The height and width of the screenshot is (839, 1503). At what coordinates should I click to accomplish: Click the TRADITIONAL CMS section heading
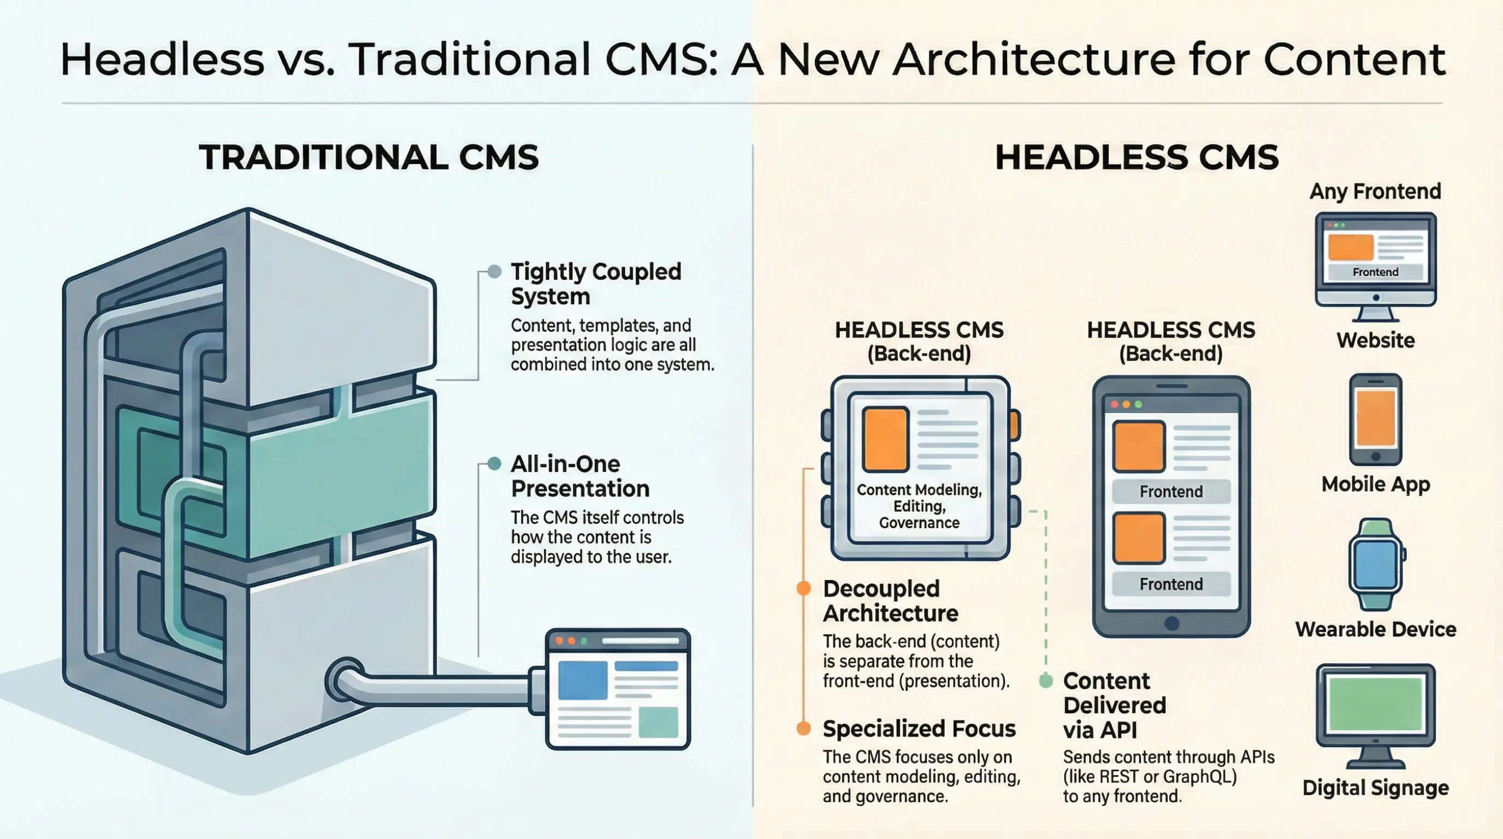click(369, 157)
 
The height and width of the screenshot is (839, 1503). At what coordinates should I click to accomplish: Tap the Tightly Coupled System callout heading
click(595, 283)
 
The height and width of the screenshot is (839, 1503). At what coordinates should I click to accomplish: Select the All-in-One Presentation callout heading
click(579, 476)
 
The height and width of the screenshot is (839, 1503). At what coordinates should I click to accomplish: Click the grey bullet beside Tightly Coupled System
click(494, 271)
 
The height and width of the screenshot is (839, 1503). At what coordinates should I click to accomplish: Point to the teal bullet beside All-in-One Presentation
click(494, 464)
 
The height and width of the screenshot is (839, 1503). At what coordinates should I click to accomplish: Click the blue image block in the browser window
click(582, 680)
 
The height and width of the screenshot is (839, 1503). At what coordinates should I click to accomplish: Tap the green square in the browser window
click(658, 722)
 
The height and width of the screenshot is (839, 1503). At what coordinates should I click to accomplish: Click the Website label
click(1375, 340)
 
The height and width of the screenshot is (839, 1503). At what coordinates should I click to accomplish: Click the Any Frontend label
click(1375, 191)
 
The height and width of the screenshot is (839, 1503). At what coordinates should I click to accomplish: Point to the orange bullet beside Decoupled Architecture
click(804, 588)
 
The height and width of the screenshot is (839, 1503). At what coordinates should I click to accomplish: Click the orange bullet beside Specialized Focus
click(804, 728)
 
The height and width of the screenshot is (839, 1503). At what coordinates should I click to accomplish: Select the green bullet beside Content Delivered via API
click(1046, 680)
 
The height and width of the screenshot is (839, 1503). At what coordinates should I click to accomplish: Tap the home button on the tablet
click(1171, 623)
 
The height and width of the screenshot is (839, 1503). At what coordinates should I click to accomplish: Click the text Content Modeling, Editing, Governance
click(919, 506)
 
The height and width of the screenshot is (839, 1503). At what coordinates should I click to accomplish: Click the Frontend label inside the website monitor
click(1375, 272)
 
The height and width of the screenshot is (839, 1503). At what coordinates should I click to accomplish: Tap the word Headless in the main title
click(162, 60)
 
